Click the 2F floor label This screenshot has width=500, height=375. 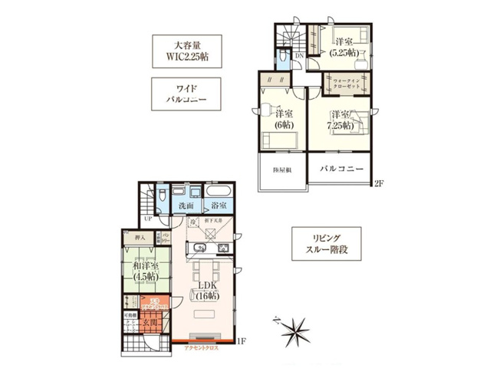click(377, 183)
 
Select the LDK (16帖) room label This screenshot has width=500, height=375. click(205, 291)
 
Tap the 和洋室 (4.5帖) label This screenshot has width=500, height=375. click(145, 271)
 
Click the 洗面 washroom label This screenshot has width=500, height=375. click(186, 206)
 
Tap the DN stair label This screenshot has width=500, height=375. click(299, 56)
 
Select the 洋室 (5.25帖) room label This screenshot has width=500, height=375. click(343, 48)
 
